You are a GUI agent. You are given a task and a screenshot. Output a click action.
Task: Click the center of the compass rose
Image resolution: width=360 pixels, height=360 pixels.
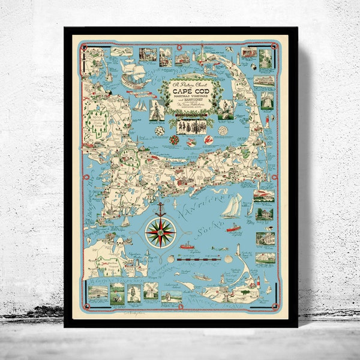pos(161,232)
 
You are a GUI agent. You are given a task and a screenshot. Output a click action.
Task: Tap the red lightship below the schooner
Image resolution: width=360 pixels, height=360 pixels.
pos(233,228)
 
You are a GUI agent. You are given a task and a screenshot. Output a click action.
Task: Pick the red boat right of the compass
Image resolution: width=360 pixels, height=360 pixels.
pos(187,245)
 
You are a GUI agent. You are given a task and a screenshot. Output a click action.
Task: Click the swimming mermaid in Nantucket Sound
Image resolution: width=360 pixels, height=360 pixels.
pos(220,248)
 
